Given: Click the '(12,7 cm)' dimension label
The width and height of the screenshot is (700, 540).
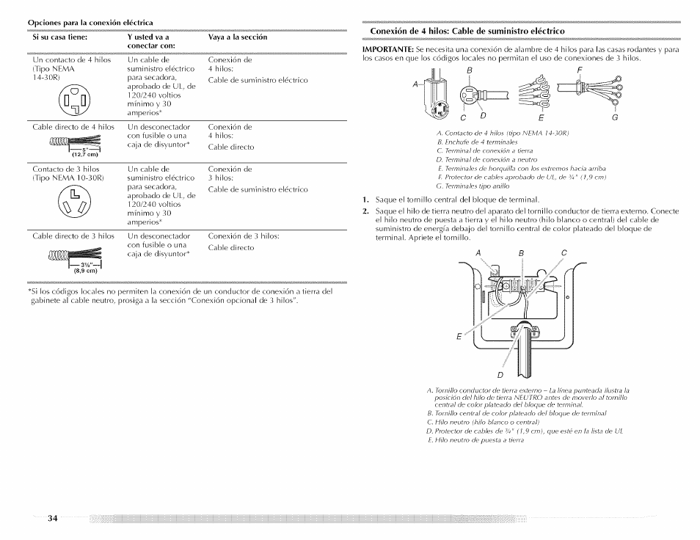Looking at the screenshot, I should point(85,154).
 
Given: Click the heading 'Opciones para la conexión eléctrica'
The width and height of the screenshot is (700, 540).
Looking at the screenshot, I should point(90,21).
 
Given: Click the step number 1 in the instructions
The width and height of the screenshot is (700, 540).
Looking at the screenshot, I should point(365,200).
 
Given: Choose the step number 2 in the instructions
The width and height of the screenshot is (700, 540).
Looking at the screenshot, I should point(365,211).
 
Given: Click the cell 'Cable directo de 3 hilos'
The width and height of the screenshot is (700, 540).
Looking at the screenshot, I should point(73,236).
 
